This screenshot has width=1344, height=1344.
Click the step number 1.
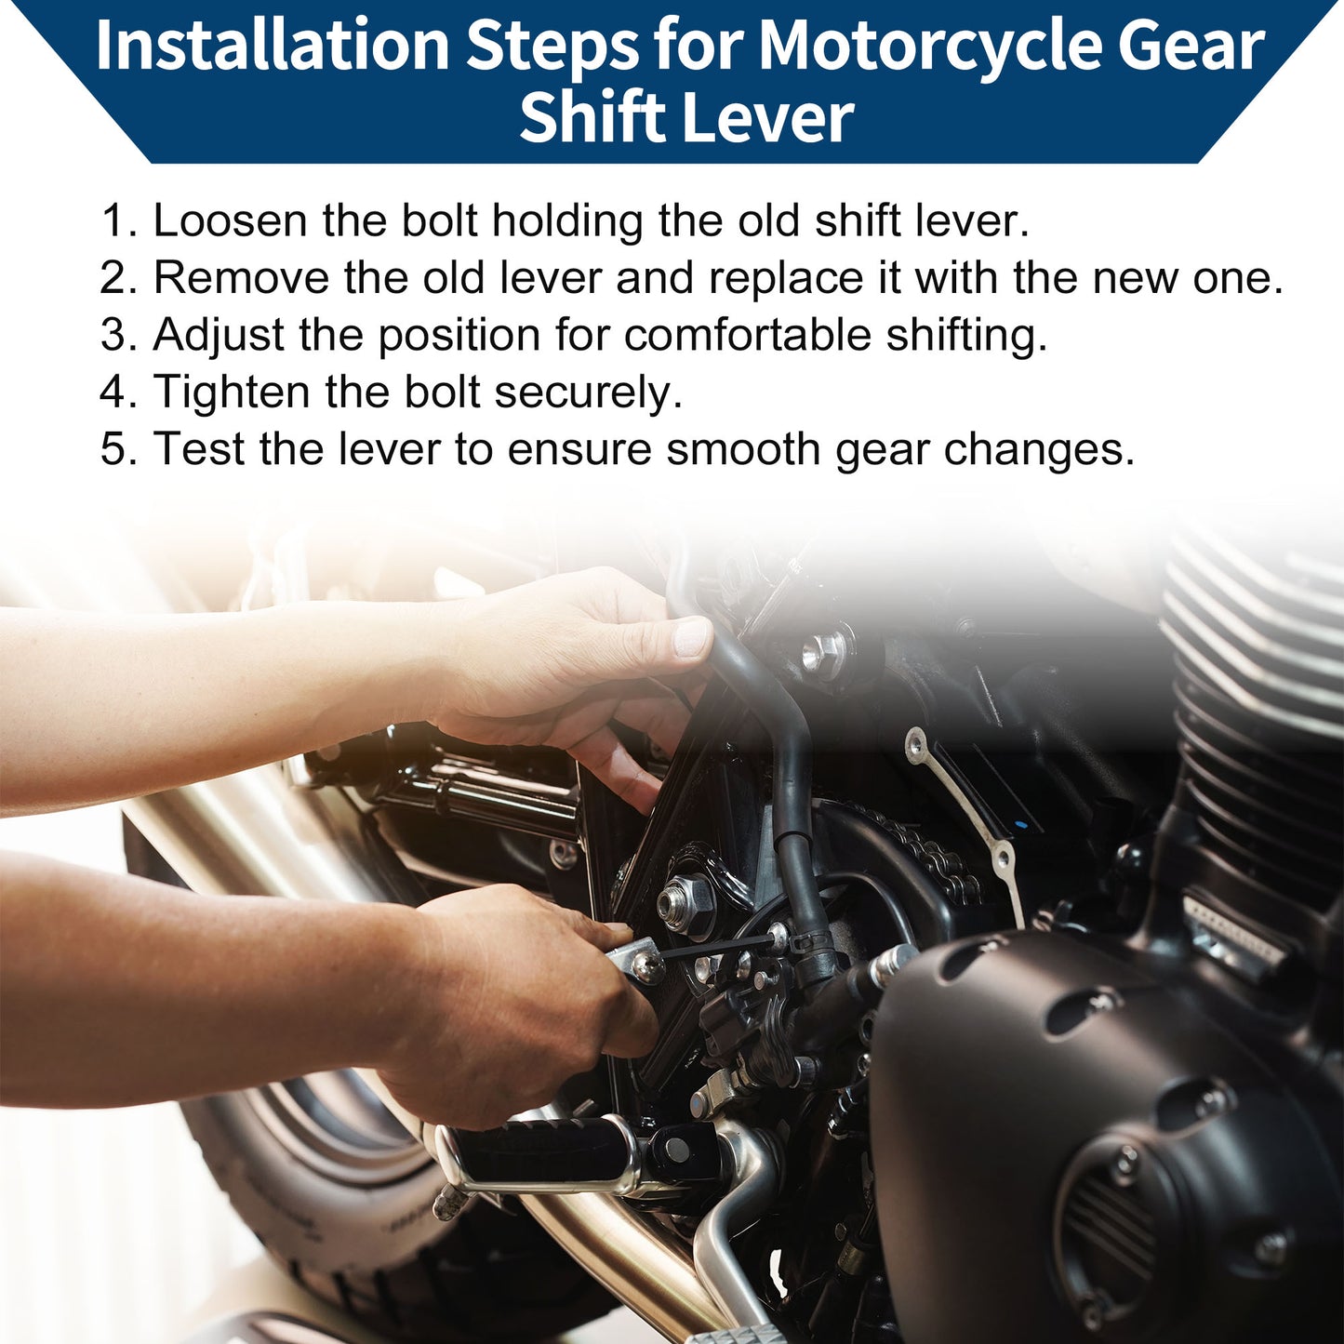point(118,220)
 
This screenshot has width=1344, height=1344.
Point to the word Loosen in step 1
point(230,220)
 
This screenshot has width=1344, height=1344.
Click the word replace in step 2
point(786,280)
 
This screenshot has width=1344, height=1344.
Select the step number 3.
point(118,335)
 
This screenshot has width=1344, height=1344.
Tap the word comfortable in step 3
point(747,335)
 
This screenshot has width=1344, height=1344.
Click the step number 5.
point(118,449)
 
